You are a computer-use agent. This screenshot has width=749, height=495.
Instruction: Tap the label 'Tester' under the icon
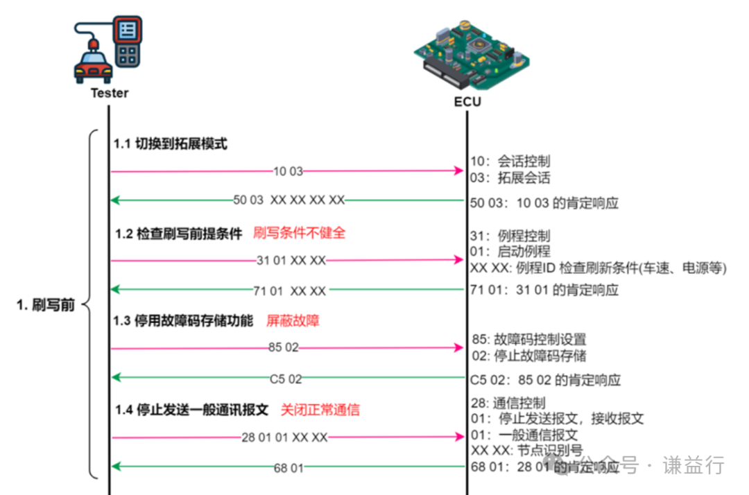pyautogui.click(x=110, y=93)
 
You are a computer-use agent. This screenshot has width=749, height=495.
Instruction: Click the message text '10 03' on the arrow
pyautogui.click(x=289, y=171)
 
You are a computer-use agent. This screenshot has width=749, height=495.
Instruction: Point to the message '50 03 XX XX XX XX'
pyautogui.click(x=289, y=200)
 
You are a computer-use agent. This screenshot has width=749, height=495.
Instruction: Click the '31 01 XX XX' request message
pyautogui.click(x=291, y=261)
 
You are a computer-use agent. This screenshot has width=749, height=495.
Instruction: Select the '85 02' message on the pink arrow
pyautogui.click(x=283, y=347)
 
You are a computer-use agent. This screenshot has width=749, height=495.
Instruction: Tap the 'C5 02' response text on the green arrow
pyautogui.click(x=286, y=379)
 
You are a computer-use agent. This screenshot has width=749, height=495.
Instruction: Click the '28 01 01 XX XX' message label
pyautogui.click(x=284, y=437)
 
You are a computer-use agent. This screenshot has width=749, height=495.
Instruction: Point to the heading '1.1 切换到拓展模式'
pyautogui.click(x=171, y=144)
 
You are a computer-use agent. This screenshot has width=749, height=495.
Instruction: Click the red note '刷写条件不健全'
pyautogui.click(x=299, y=233)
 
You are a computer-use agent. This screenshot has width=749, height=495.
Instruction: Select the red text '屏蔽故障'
pyautogui.click(x=293, y=321)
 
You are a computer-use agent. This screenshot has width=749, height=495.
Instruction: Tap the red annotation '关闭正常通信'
pyautogui.click(x=320, y=409)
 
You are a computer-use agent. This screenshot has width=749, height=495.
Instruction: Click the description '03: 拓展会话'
pyautogui.click(x=510, y=177)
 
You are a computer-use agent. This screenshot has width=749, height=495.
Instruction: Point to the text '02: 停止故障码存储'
pyautogui.click(x=528, y=356)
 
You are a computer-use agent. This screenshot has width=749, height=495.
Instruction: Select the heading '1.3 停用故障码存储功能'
pyautogui.click(x=184, y=321)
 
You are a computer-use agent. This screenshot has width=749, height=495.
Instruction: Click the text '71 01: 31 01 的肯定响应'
pyautogui.click(x=544, y=290)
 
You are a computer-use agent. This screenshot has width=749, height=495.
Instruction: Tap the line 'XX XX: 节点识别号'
pyautogui.click(x=526, y=451)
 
